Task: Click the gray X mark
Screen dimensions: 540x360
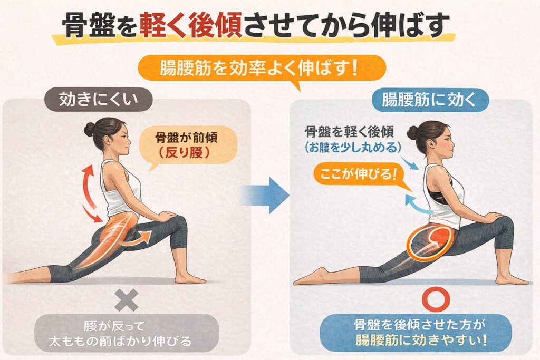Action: [x=127, y=300]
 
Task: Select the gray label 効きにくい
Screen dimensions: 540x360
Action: [x=99, y=100]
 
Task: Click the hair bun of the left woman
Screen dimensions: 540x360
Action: [x=89, y=129]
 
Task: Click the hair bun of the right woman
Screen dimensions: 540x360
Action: [x=413, y=132]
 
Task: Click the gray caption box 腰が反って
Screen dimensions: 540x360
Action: [x=127, y=333]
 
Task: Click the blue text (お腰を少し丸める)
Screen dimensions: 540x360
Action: [x=353, y=147]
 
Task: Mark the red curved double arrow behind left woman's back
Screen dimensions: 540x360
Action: [x=90, y=193]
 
